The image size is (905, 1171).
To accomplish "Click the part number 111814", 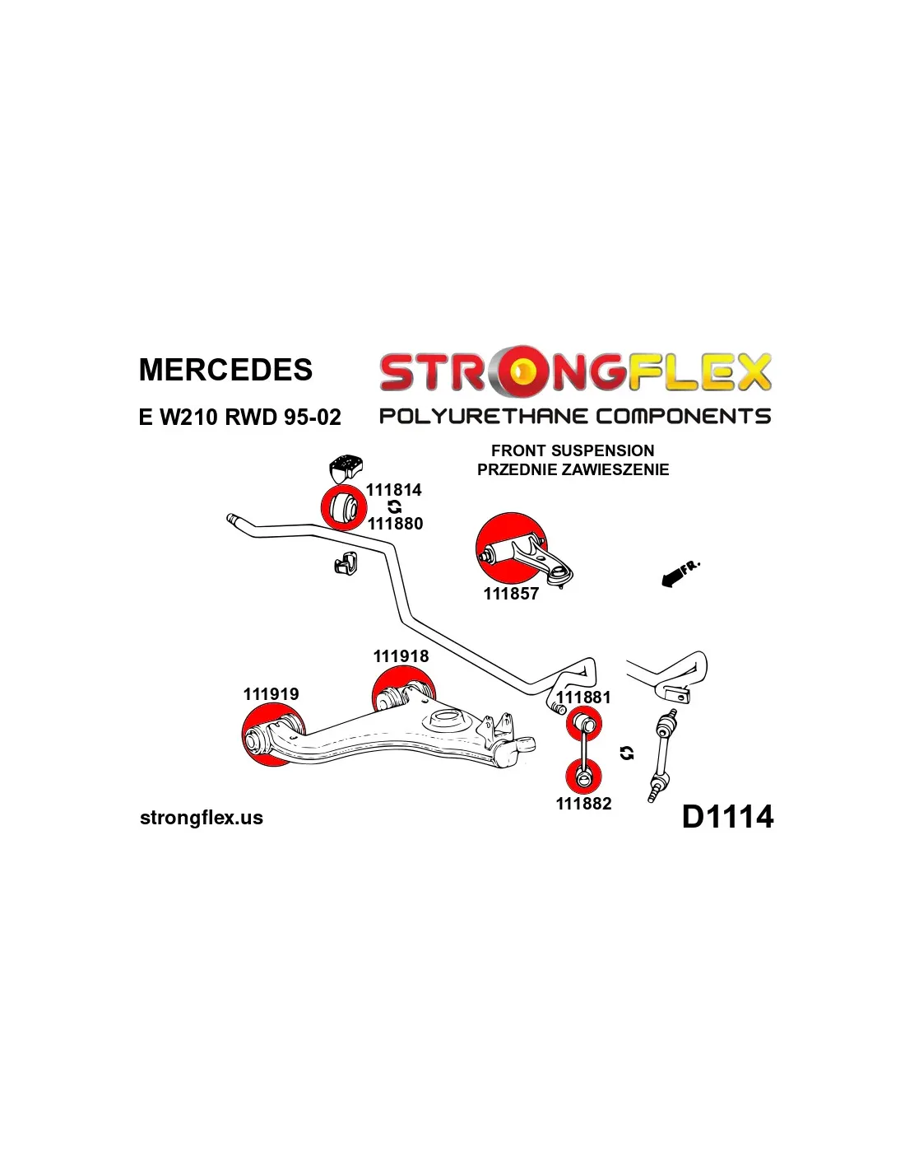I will [x=393, y=490].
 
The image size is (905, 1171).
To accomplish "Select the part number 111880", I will [x=395, y=524].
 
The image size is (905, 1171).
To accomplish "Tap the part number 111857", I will [x=511, y=594].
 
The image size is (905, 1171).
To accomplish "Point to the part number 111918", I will [x=401, y=656].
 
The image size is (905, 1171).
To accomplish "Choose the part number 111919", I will [x=271, y=694].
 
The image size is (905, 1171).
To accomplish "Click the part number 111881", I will [x=583, y=697].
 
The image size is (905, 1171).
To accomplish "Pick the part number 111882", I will [x=583, y=804].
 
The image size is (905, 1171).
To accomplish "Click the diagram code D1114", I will [x=727, y=817].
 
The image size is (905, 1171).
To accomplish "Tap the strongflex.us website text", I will [x=202, y=818].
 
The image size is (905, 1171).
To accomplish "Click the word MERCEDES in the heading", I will [x=225, y=370].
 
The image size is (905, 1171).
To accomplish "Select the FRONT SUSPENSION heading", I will [x=573, y=450].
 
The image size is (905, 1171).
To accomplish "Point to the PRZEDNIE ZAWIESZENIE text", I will [x=573, y=469].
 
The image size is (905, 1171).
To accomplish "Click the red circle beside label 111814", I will [x=342, y=507].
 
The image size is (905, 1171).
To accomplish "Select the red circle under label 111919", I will [x=265, y=735].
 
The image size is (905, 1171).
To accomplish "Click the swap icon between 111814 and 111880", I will [x=395, y=507].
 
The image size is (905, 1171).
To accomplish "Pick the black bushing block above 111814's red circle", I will [x=346, y=468].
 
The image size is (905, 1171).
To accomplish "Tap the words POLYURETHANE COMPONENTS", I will [x=574, y=416].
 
